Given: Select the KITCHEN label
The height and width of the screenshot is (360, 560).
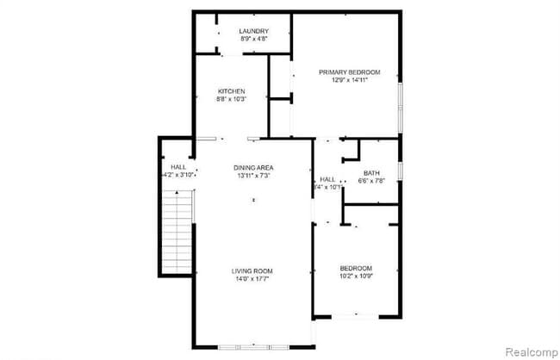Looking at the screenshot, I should coord(231,91).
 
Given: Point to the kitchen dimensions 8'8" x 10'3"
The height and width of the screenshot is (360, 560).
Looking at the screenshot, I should coord(231,99).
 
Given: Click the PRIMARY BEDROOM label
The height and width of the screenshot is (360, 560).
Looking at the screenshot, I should coord(349,72).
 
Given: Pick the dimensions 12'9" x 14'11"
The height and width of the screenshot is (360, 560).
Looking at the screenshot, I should coord(349,80).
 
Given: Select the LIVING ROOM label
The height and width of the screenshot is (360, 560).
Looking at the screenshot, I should coord(252,271).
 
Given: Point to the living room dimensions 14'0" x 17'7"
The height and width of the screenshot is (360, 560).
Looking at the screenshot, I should coord(252,279).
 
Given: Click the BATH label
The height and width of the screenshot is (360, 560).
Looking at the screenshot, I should coord(371,172).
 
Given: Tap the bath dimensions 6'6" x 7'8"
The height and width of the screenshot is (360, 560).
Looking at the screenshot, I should coord(371,180).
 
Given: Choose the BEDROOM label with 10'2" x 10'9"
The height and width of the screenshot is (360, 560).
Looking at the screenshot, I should coord(355,267).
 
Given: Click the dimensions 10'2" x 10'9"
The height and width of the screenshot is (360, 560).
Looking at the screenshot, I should coord(355,275).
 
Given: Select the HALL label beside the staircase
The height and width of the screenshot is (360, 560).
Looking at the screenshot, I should coord(178,166).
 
